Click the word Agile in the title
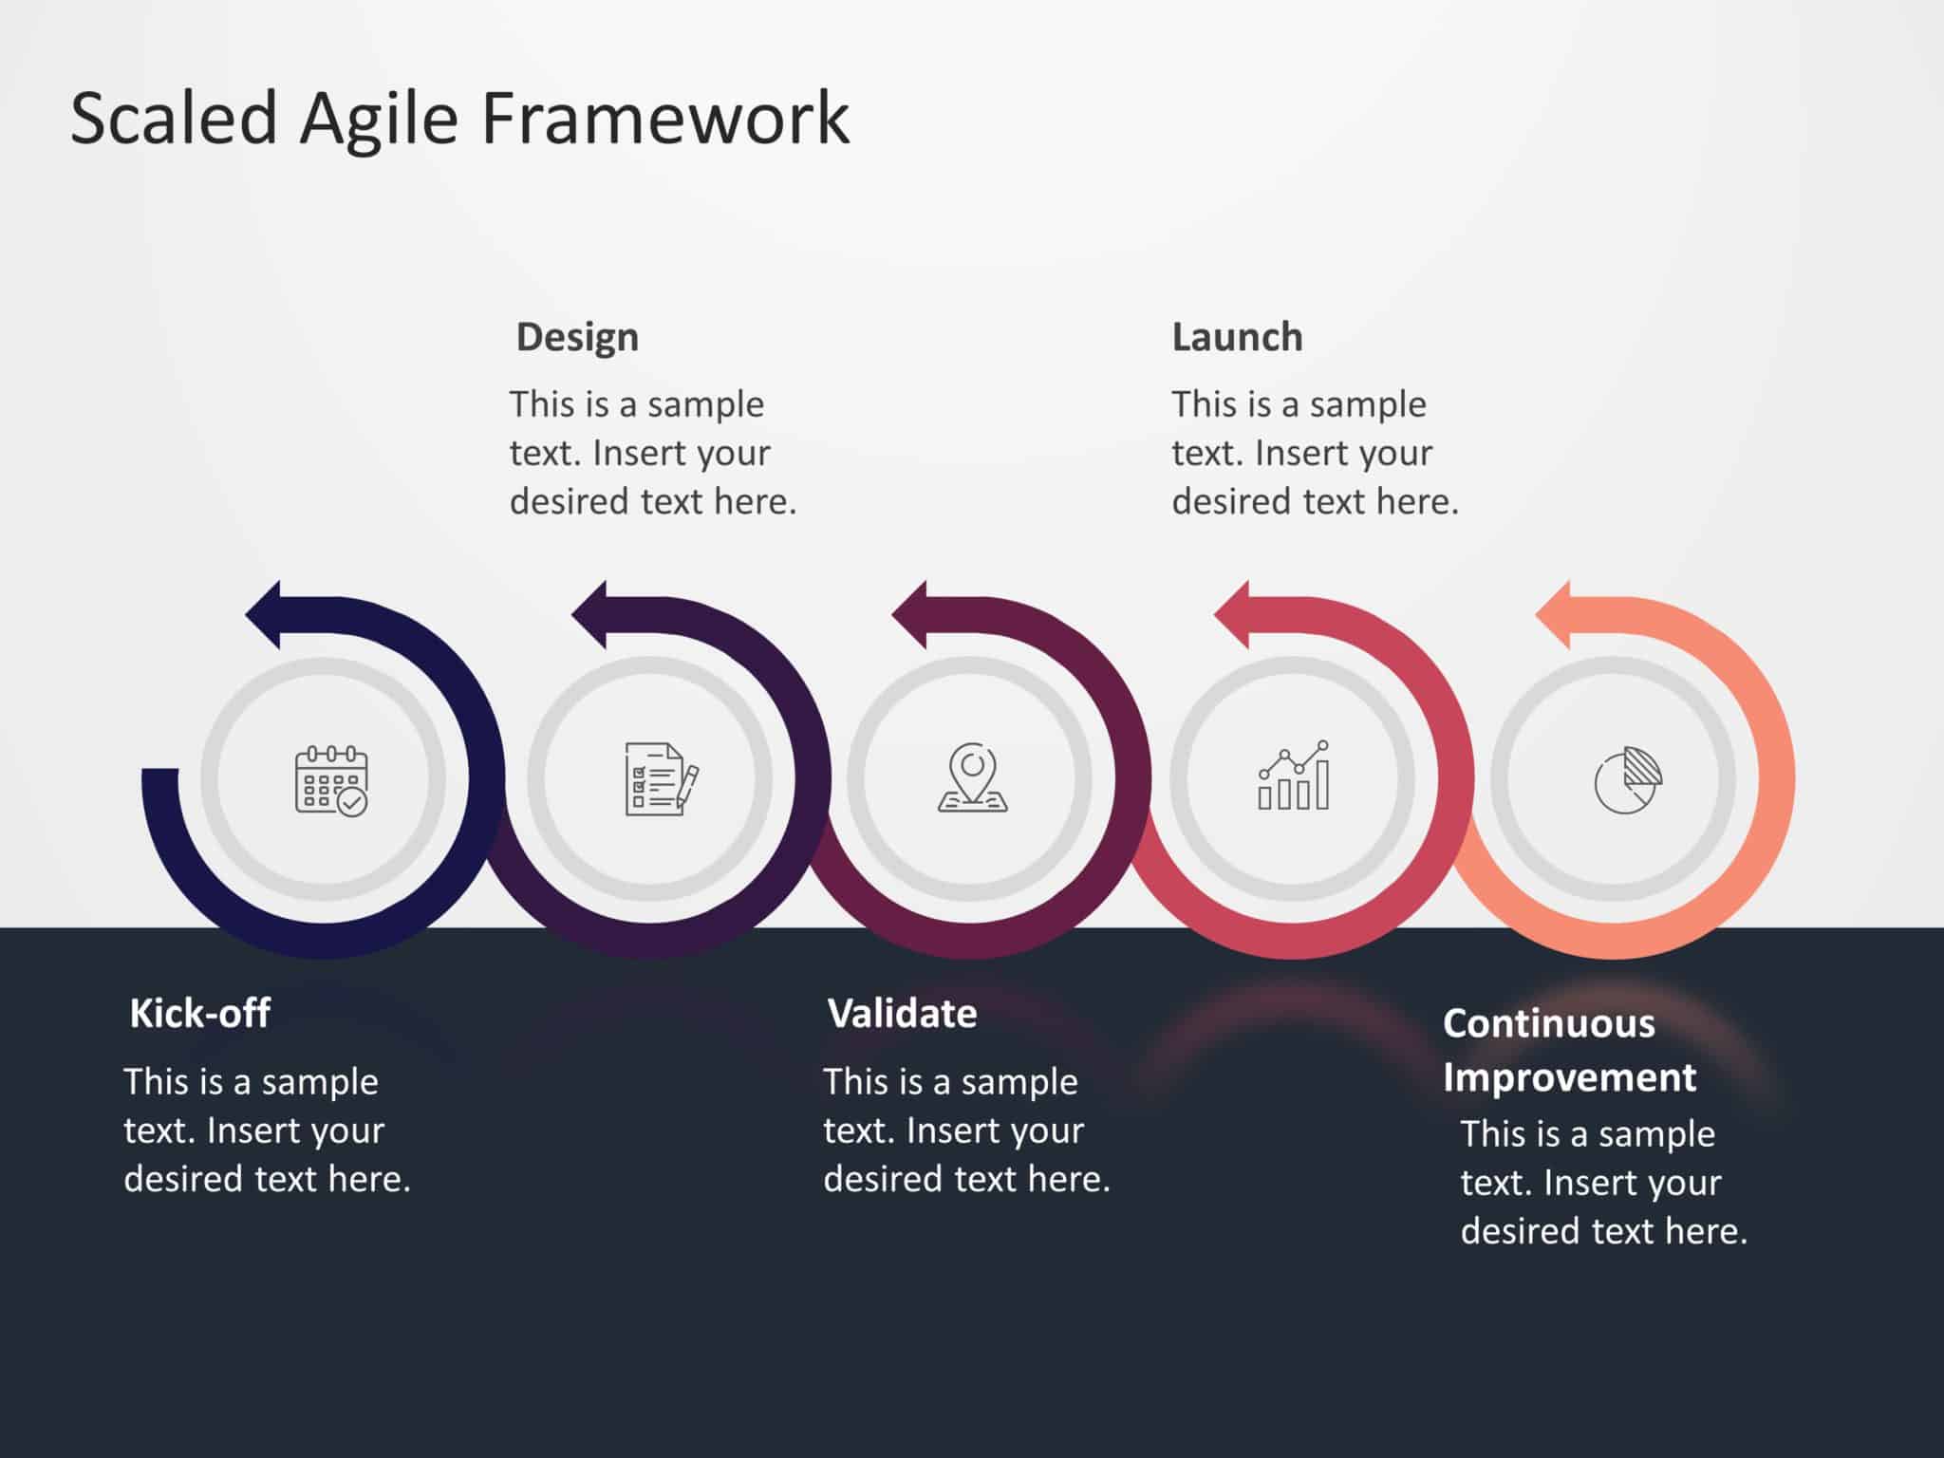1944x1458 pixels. click(379, 119)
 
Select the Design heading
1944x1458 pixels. click(577, 337)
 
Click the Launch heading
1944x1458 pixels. click(1237, 337)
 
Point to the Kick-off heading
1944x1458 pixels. click(199, 1013)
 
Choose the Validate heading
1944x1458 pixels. click(902, 1013)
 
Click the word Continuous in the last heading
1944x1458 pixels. click(1548, 1023)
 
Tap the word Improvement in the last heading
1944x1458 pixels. click(1569, 1077)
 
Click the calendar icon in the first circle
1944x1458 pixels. click(330, 780)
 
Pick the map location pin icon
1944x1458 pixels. click(972, 778)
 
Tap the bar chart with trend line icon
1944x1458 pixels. click(1293, 776)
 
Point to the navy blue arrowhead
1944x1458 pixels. click(266, 614)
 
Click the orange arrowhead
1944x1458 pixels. click(1556, 614)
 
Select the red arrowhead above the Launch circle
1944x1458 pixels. click(1234, 614)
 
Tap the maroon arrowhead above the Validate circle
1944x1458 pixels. click(912, 614)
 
